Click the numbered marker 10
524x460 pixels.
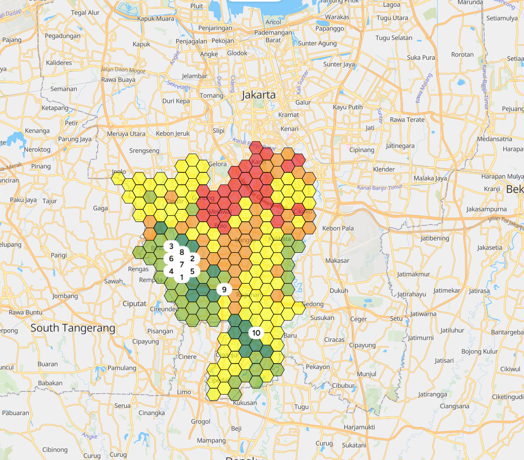256,333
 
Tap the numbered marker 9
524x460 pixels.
224,289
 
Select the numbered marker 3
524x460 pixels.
171,246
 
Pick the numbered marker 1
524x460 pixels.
182,277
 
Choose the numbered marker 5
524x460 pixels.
192,271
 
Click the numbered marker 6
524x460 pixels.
171,259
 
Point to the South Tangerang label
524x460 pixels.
73,328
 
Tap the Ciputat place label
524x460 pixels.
135,304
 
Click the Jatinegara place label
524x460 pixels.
400,146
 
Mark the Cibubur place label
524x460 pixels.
343,385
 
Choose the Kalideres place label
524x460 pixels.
59,63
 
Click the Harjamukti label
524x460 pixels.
360,427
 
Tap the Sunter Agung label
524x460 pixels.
318,44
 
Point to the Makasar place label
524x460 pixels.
337,261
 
